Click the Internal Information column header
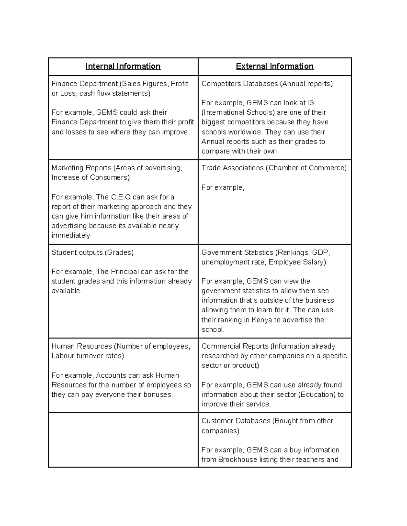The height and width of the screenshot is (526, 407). [123, 66]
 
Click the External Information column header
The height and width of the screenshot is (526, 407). [275, 66]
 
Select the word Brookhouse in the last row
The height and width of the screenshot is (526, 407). [237, 460]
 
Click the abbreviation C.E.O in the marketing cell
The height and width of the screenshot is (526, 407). [121, 197]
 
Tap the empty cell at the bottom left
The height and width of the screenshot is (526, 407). [123, 440]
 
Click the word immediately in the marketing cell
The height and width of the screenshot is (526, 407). [71, 235]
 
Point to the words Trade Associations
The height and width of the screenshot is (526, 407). [232, 168]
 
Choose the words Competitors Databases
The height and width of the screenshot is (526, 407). [239, 84]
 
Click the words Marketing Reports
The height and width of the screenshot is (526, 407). [81, 168]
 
